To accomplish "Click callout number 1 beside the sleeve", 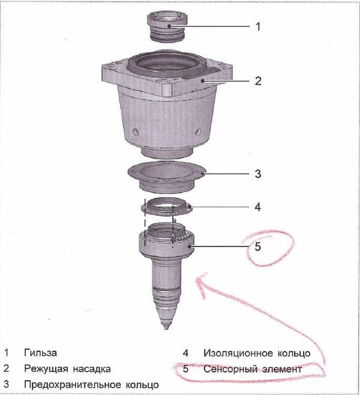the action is coord(258,26).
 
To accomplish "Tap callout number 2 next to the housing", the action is coord(258,81).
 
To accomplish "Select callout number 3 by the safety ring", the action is coord(258,174).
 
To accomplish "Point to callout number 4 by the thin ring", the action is coord(257,207).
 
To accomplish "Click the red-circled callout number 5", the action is coord(257,247).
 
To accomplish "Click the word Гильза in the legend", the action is coord(40,353).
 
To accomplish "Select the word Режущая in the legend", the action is coord(46,369).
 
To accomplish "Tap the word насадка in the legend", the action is coord(92,369).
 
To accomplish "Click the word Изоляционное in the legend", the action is coord(238,353).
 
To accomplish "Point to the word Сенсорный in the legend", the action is coord(230,370).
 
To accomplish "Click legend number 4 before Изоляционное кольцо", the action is coord(185,353).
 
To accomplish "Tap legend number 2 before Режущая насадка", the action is coord(6,369).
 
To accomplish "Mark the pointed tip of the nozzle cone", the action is coord(166,328).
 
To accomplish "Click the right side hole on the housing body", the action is coord(199,131).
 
